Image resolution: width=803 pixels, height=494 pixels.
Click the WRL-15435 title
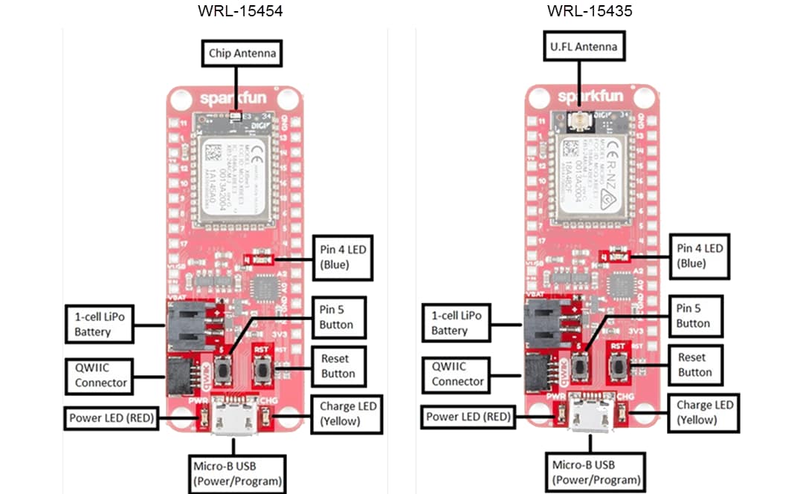click(x=590, y=11)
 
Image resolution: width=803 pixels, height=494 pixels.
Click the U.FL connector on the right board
click(x=577, y=120)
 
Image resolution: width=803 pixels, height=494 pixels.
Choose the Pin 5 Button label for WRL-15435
click(x=693, y=316)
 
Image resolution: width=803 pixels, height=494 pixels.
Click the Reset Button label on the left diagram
click(x=338, y=366)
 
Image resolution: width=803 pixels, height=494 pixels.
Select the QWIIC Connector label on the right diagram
click(x=458, y=374)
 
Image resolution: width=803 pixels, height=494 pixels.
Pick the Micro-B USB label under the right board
click(x=592, y=472)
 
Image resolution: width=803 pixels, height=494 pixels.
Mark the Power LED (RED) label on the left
click(x=112, y=417)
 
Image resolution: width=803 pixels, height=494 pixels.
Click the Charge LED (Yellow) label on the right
click(x=703, y=412)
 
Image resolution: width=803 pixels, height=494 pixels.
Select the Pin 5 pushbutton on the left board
click(x=224, y=368)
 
